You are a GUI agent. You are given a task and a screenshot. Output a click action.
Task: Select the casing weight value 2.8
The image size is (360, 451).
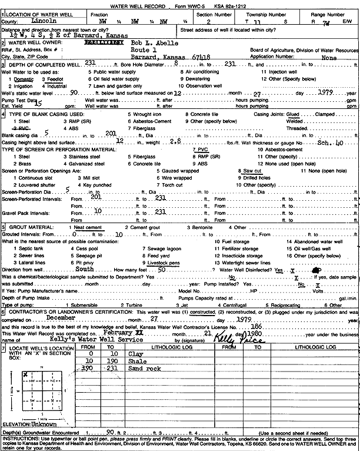coord(175,141)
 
